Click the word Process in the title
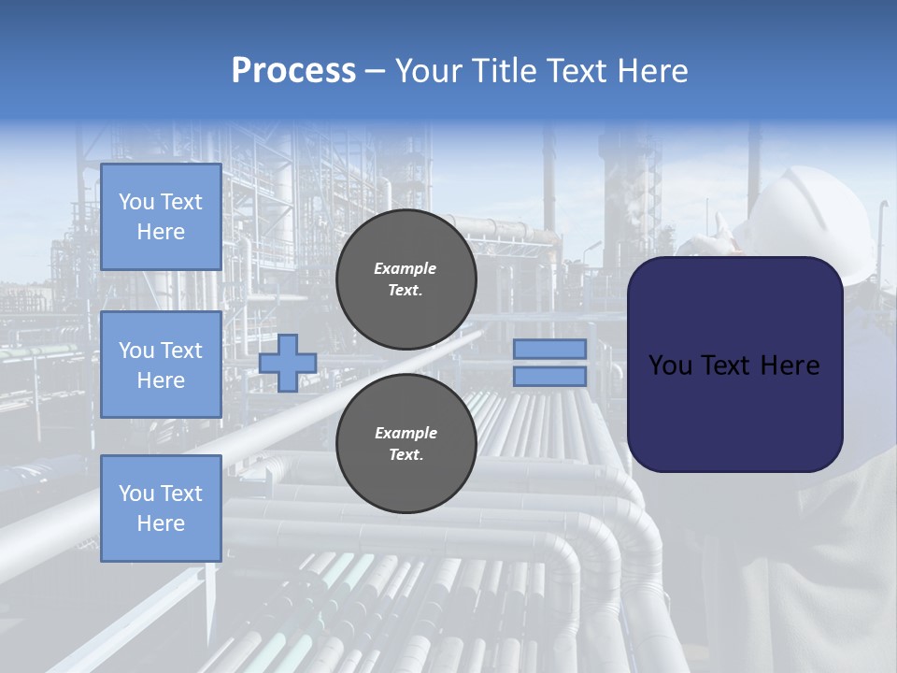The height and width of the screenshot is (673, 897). tap(293, 71)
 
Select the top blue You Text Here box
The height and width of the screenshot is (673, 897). tap(161, 217)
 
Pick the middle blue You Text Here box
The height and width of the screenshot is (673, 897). tap(161, 365)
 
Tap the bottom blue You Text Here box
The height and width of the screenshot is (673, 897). tap(161, 508)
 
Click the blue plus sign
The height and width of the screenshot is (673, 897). tap(288, 363)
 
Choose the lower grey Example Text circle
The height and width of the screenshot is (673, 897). tap(406, 444)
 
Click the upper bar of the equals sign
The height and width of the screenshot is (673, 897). tap(549, 349)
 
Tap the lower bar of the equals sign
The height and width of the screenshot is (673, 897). tap(549, 377)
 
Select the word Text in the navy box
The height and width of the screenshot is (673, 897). tap(726, 365)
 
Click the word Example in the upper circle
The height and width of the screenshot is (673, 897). tap(406, 269)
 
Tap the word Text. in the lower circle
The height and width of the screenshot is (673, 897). tap(406, 455)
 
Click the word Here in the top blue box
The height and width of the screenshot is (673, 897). tap(161, 232)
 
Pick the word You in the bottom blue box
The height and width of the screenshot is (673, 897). tap(136, 494)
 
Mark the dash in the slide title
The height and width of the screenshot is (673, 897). tap(375, 71)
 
